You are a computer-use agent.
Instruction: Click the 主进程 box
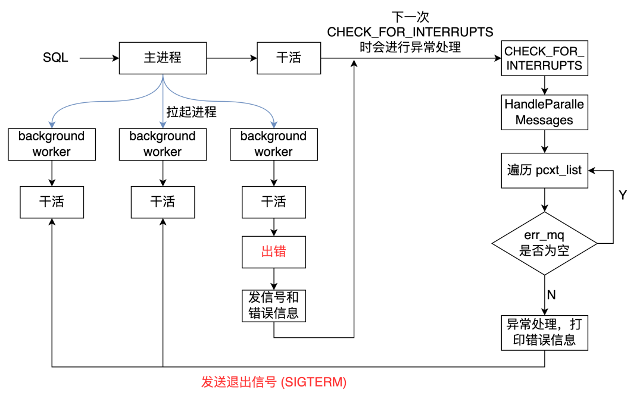click(x=163, y=58)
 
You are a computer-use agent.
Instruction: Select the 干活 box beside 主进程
click(x=289, y=58)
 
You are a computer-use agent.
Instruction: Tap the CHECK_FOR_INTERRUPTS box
click(x=544, y=58)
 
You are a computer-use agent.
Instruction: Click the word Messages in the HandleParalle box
click(x=544, y=120)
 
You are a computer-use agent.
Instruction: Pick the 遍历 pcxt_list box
click(x=544, y=170)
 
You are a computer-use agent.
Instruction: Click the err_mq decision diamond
click(x=544, y=243)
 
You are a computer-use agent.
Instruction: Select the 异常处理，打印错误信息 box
click(x=544, y=332)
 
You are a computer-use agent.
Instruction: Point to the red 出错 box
click(x=274, y=252)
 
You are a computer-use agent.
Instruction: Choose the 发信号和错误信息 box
click(x=274, y=305)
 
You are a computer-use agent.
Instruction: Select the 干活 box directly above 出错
click(x=274, y=202)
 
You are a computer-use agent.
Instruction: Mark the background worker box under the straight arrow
click(x=163, y=144)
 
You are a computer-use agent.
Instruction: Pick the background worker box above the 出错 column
click(x=274, y=144)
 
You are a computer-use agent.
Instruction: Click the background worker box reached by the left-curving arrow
click(x=52, y=144)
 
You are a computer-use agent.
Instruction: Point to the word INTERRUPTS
click(x=544, y=65)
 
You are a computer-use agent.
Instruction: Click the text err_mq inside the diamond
click(x=544, y=235)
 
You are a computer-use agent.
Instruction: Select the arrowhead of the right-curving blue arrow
click(x=274, y=125)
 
